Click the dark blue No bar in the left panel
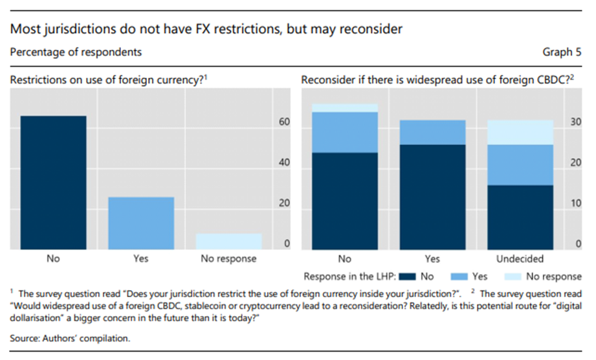click(x=53, y=183)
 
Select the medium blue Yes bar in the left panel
click(x=140, y=223)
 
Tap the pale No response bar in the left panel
click(x=228, y=242)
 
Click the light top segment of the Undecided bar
click(x=520, y=132)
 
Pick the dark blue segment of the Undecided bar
click(x=520, y=217)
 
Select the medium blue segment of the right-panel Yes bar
click(x=432, y=132)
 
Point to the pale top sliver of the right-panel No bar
click(x=345, y=107)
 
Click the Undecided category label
click(x=520, y=259)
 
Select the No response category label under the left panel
click(x=228, y=259)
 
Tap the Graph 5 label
click(x=560, y=52)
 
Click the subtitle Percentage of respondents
click(x=76, y=52)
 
